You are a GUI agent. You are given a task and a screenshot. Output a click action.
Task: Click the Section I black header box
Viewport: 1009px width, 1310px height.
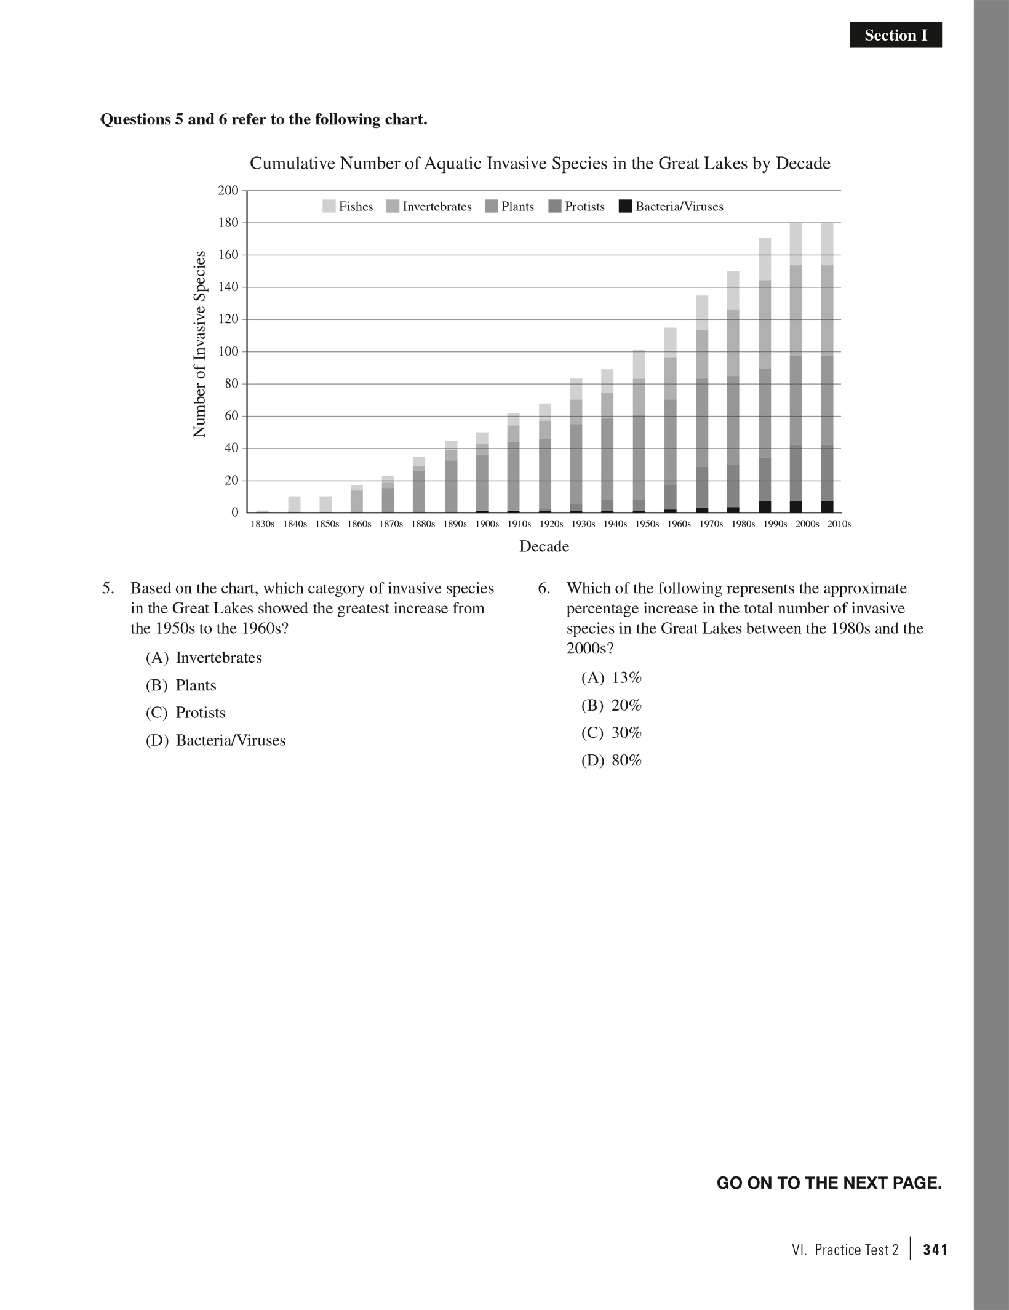895,35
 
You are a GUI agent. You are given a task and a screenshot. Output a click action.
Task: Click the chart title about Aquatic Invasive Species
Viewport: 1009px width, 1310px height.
540,164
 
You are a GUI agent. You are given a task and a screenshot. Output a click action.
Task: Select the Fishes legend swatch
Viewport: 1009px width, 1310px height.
329,207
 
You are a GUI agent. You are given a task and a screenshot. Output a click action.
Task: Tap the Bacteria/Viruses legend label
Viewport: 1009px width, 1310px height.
679,207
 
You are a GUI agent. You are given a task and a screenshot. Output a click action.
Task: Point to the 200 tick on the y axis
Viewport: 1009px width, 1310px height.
228,191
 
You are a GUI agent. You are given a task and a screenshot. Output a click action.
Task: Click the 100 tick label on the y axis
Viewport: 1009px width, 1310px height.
228,352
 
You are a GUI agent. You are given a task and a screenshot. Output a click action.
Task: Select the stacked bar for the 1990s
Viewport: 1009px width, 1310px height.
765,375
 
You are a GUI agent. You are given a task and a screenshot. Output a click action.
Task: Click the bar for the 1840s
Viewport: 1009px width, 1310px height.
294,505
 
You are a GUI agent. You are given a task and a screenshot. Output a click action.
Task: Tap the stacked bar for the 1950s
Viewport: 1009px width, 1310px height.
639,431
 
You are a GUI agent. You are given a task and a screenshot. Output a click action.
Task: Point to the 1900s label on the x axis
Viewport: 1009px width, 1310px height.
487,524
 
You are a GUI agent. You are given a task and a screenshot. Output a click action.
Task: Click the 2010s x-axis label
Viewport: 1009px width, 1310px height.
839,524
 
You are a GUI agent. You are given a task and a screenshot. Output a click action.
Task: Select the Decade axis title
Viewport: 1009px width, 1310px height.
544,546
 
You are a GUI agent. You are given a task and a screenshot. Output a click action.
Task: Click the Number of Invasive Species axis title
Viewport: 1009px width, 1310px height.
199,345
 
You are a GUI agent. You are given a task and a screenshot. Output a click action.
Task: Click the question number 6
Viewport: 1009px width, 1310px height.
543,589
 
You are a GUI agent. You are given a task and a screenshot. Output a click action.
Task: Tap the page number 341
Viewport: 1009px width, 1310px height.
935,1250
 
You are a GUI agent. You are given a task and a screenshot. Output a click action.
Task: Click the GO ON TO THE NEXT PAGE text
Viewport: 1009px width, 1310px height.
829,1183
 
